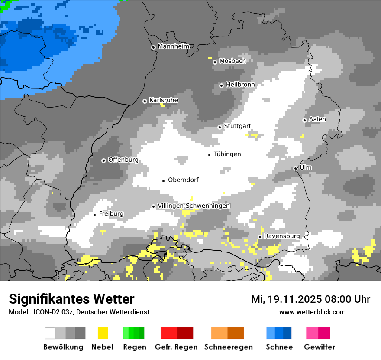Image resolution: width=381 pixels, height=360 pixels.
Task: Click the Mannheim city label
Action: pos(174,46)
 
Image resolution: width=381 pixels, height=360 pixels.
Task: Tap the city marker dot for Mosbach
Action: pos(215,62)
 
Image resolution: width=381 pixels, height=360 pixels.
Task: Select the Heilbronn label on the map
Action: pos(240,85)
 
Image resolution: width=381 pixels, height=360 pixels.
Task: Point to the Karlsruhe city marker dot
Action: pos(145,101)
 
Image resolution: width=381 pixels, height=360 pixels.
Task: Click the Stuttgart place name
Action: pos(237,126)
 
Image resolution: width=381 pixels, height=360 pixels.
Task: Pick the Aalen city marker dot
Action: pos(305,120)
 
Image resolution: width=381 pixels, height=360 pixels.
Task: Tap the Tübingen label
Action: pos(227,154)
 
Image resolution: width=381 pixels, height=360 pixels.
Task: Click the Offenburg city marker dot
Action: pos(104,160)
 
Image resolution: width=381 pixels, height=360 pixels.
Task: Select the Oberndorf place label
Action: pos(183,180)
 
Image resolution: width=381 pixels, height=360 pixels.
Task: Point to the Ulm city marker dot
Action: pos(296,168)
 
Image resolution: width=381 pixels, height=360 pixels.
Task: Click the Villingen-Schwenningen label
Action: pos(194,206)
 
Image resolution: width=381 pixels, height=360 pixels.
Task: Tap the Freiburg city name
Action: pos(111,214)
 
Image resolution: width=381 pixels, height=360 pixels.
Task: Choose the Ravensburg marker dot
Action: pos(260,237)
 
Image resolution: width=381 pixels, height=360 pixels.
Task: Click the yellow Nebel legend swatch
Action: pos(103,333)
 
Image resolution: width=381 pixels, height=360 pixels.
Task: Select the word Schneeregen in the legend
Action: pos(228,347)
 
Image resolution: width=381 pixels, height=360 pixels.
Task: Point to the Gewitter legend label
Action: pos(320,347)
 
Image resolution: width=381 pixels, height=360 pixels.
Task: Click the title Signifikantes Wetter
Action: pos(71,299)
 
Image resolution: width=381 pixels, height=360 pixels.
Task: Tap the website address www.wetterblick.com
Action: pos(312,312)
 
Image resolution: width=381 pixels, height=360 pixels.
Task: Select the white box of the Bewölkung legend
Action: pos(50,333)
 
